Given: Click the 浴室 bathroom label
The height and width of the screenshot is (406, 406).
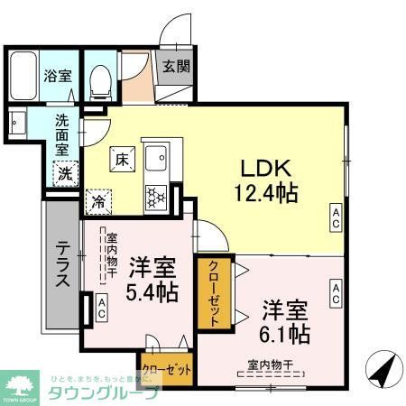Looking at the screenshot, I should coord(59,77).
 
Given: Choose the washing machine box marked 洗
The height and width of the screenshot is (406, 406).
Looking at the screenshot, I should coord(66,172).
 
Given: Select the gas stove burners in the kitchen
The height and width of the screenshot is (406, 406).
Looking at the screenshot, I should coord(157,197).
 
